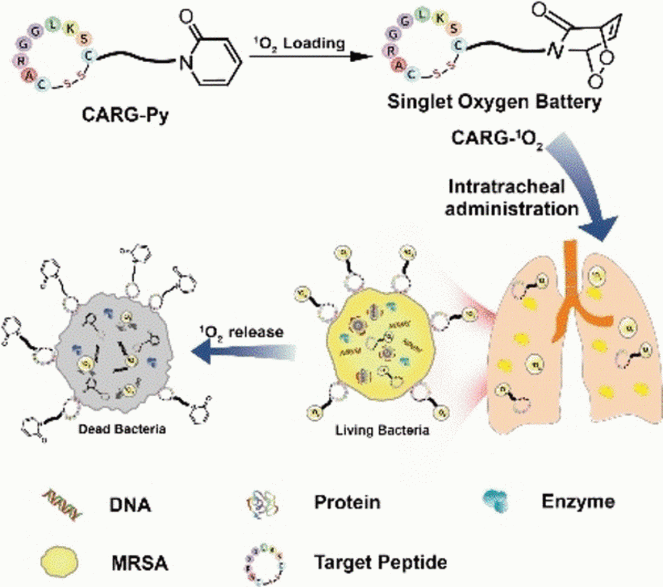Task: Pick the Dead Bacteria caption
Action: coord(120,429)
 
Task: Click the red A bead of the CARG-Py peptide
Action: coord(27,75)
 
